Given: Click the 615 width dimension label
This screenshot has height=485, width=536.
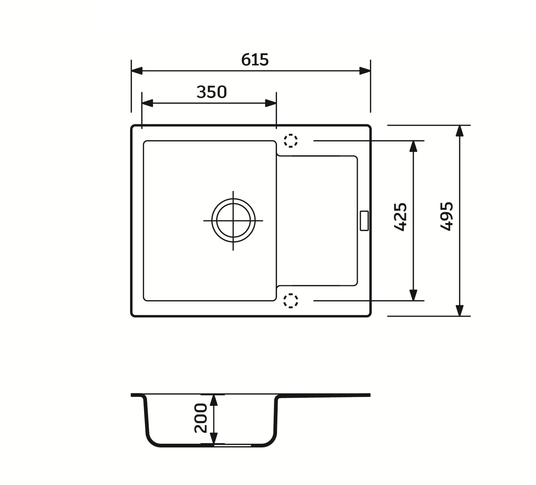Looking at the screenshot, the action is click(x=255, y=60).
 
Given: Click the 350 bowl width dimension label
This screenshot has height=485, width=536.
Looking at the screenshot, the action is click(x=212, y=92).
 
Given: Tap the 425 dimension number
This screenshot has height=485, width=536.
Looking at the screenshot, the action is click(x=400, y=217).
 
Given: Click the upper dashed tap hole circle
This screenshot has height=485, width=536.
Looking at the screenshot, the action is click(x=291, y=141).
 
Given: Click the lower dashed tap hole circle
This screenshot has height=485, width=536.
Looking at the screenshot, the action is click(x=291, y=301).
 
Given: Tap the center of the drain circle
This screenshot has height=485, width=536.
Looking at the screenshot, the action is click(x=233, y=220).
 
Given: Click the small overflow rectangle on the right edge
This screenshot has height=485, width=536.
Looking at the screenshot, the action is click(x=364, y=220).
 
